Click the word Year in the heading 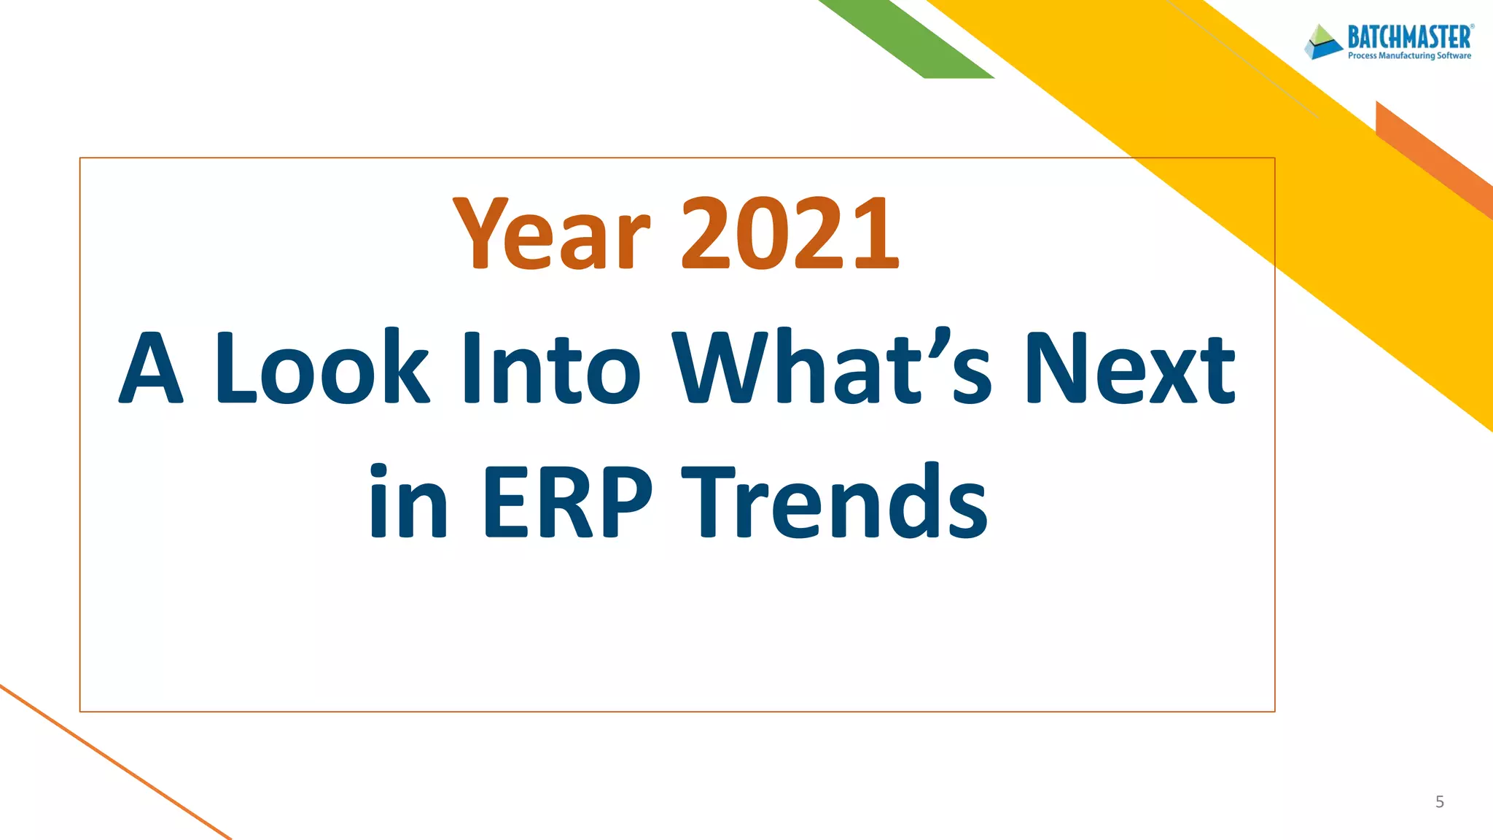click(x=550, y=233)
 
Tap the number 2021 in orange click(x=790, y=233)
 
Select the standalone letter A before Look click(x=151, y=367)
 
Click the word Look click(x=321, y=367)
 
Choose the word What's click(x=831, y=367)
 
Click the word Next click(x=1130, y=367)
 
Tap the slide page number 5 click(x=1439, y=802)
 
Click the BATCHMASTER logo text click(x=1408, y=36)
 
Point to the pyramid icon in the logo click(x=1323, y=42)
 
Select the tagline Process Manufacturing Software click(x=1408, y=56)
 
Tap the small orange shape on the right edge click(x=1432, y=157)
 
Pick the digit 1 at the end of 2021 click(x=875, y=233)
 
